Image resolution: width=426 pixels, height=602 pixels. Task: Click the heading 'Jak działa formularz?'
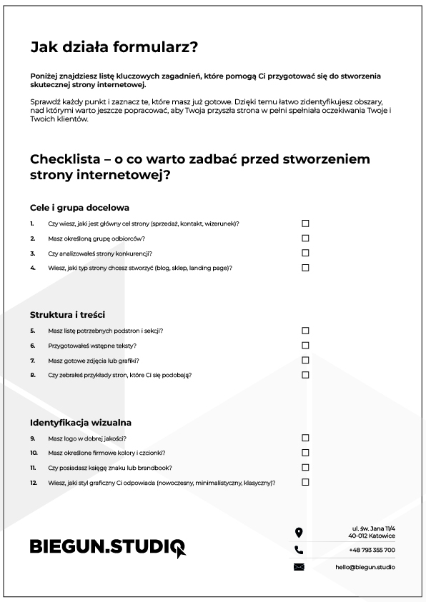click(114, 48)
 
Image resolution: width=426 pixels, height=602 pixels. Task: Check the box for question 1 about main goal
click(305, 224)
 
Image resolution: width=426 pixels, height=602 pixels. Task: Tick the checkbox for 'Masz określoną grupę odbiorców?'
click(305, 239)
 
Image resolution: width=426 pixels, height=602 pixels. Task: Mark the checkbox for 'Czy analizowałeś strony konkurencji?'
click(305, 253)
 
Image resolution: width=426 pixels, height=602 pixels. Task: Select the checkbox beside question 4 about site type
click(305, 268)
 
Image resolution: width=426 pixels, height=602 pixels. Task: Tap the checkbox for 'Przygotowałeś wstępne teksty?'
click(305, 346)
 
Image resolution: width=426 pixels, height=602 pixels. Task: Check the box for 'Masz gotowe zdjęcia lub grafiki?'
click(305, 361)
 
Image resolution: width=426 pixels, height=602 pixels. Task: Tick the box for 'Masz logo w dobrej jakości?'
click(305, 438)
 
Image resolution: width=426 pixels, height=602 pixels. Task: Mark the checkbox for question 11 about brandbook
click(305, 468)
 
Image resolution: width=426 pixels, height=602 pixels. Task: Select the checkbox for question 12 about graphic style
click(305, 482)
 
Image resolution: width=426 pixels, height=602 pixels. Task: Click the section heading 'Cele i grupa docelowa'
click(79, 208)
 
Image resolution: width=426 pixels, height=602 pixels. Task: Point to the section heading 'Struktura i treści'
click(68, 315)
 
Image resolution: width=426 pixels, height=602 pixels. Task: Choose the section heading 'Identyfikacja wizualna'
click(81, 423)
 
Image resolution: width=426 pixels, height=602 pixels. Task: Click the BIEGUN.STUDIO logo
click(107, 547)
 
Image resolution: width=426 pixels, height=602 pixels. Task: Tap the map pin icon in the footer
click(299, 532)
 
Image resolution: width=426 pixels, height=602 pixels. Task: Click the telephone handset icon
click(299, 550)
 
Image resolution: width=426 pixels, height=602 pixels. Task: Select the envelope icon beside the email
click(299, 568)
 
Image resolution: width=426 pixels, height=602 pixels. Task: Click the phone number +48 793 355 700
click(372, 550)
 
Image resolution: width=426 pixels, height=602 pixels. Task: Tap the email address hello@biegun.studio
click(365, 568)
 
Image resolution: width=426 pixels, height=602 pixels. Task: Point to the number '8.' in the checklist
click(33, 375)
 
